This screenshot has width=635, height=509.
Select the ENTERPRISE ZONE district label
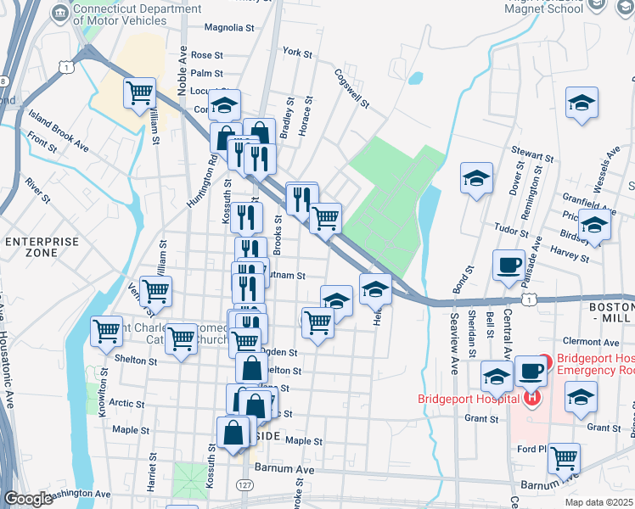(x=42, y=249)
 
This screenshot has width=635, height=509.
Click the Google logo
(x=28, y=499)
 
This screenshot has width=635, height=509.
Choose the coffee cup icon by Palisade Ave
(x=509, y=265)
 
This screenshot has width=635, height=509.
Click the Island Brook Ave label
(x=58, y=130)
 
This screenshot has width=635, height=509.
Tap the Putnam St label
(x=286, y=275)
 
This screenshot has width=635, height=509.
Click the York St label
(x=298, y=52)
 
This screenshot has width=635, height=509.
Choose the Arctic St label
(x=126, y=403)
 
